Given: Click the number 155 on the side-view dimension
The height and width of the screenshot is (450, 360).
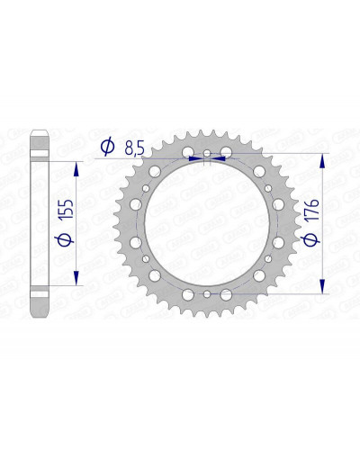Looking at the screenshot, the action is pyautogui.click(x=67, y=208).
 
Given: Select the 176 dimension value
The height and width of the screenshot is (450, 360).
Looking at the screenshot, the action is pyautogui.click(x=311, y=210).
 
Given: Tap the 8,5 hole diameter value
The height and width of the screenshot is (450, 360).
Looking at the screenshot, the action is pyautogui.click(x=135, y=148).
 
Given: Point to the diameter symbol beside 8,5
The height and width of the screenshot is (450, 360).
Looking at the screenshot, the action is pyautogui.click(x=107, y=147).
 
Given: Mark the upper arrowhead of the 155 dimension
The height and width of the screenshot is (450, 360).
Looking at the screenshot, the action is pyautogui.click(x=76, y=169).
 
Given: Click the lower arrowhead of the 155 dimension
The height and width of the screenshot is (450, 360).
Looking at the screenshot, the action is pyautogui.click(x=76, y=277).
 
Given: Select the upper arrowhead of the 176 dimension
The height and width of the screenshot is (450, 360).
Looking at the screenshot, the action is pyautogui.click(x=322, y=161).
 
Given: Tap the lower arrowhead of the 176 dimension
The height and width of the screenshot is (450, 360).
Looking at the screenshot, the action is pyautogui.click(x=322, y=286).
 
